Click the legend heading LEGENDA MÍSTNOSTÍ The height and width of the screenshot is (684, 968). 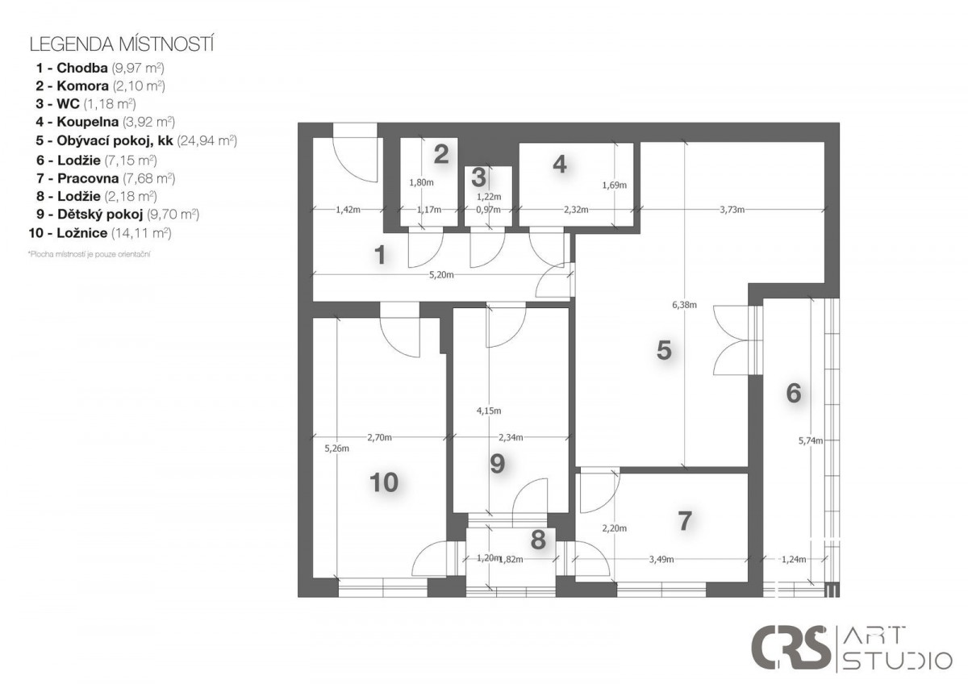pyautogui.click(x=122, y=44)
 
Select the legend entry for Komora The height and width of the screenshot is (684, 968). pyautogui.click(x=100, y=86)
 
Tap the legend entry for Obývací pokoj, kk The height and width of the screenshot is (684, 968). pyautogui.click(x=136, y=141)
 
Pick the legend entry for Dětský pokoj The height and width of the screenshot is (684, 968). pyautogui.click(x=118, y=215)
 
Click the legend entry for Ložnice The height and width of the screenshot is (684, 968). pyautogui.click(x=100, y=233)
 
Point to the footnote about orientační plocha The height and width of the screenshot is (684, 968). pyautogui.click(x=89, y=254)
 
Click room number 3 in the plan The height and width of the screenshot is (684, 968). pyautogui.click(x=478, y=177)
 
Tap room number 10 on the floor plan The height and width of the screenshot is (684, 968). pyautogui.click(x=384, y=482)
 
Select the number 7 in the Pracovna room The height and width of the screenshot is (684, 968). pyautogui.click(x=685, y=521)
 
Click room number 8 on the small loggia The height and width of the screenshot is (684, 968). pyautogui.click(x=538, y=540)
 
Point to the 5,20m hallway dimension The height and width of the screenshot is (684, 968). pyautogui.click(x=441, y=275)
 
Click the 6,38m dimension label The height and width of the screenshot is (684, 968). pyautogui.click(x=684, y=305)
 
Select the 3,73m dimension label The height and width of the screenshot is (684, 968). pyautogui.click(x=732, y=210)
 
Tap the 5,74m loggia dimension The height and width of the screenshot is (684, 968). pyautogui.click(x=810, y=440)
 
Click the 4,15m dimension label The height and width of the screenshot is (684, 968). pyautogui.click(x=489, y=411)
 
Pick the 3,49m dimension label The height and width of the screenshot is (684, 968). pyautogui.click(x=661, y=560)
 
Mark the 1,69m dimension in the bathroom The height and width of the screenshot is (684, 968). pyautogui.click(x=614, y=186)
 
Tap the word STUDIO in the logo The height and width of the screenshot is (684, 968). pyautogui.click(x=898, y=661)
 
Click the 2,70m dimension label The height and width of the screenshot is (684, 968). pyautogui.click(x=379, y=438)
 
